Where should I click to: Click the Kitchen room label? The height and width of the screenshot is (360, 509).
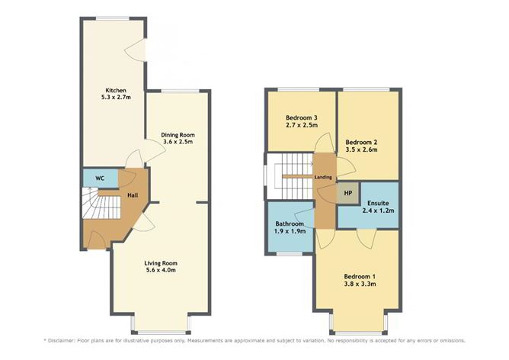pos(116,90)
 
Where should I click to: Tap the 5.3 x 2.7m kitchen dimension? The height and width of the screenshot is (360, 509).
pos(116,97)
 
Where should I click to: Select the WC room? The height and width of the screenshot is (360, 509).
pos(100,178)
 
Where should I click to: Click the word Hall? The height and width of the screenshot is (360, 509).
pos(133,195)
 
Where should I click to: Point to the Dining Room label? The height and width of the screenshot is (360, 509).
pos(178,135)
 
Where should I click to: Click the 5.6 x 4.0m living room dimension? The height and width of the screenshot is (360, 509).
pos(161,270)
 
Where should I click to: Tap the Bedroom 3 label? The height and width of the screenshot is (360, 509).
pos(301,117)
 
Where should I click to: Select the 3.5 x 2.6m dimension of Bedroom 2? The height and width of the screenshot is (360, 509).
pos(361,149)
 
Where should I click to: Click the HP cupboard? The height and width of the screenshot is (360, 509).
pos(348,193)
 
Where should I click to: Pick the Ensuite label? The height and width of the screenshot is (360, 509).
pos(378,203)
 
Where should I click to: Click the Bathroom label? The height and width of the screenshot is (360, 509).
pos(290,224)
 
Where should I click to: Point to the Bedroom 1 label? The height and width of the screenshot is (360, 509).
pos(360,277)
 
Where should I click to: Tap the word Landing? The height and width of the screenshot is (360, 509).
pos(323,178)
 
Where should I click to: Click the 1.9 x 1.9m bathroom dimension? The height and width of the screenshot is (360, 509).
pos(290,231)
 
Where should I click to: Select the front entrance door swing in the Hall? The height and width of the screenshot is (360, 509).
pos(96,239)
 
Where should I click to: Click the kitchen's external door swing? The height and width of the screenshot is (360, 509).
pos(135,50)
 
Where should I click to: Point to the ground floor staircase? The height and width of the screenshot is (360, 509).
pos(101,203)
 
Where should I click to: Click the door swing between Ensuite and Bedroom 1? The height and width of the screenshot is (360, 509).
pos(367,239)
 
